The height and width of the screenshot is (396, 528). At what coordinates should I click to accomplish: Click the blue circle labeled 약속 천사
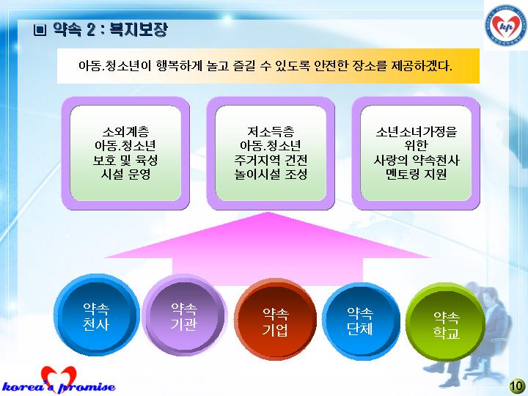tap(96, 315)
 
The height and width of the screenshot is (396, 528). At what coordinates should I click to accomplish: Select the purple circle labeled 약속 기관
tap(184, 315)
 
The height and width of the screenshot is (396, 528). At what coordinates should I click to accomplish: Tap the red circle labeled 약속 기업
tap(275, 320)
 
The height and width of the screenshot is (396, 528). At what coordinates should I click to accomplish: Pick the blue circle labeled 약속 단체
tap(361, 321)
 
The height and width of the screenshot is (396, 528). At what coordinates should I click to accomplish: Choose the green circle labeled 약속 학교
tap(446, 322)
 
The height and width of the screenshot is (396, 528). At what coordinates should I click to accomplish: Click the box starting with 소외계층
tap(125, 153)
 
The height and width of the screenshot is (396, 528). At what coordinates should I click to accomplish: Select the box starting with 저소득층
tap(271, 153)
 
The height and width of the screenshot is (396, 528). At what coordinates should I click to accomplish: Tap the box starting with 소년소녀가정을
tap(416, 153)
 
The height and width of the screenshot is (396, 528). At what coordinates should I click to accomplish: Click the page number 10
tap(516, 386)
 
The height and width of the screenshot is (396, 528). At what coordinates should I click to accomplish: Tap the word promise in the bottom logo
tap(87, 387)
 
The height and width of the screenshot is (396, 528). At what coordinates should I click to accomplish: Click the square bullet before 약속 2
tap(40, 30)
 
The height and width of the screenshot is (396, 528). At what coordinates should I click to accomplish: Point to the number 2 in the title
tap(91, 29)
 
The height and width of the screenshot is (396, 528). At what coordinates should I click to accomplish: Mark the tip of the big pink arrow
tap(268, 212)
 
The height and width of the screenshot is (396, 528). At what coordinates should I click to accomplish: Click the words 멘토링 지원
tap(417, 175)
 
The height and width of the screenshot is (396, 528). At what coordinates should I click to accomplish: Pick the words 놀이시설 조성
tap(271, 175)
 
